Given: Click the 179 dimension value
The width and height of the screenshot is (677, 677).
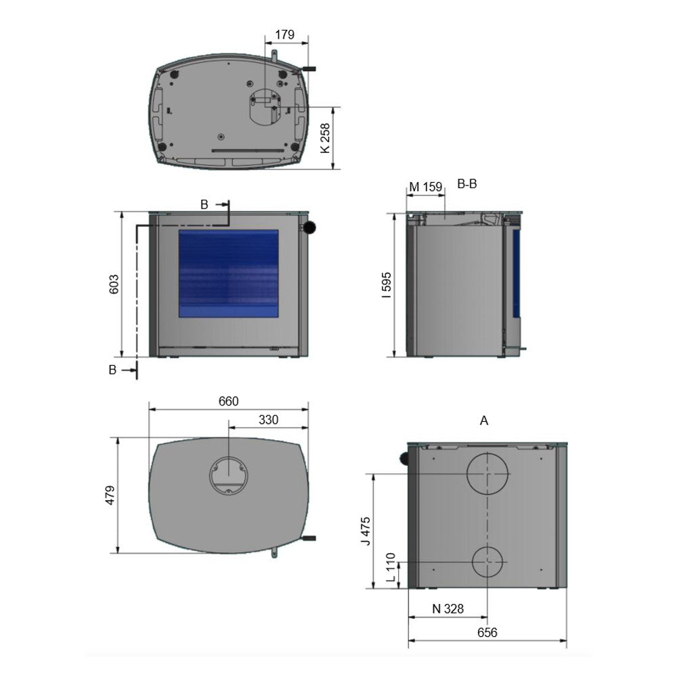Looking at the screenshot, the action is [285, 35].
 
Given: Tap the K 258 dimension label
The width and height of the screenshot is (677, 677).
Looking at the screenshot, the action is [325, 138].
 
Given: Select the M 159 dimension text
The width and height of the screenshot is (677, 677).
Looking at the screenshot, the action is [426, 187].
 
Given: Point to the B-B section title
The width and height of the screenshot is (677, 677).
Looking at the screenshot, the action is [467, 184].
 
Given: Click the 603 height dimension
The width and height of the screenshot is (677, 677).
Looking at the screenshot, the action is [114, 284].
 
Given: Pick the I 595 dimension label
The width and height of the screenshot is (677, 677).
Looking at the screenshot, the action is [387, 285].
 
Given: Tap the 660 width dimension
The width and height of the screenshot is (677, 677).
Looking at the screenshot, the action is [228, 401].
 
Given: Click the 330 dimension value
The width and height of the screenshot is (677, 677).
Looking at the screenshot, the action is [268, 420].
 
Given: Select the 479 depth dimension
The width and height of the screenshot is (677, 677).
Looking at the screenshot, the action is [110, 496].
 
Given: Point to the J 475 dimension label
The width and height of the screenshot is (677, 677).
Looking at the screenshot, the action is [366, 531].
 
